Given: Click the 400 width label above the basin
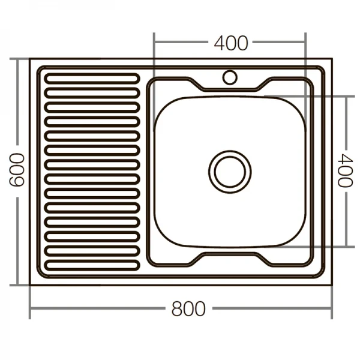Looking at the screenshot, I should [230, 43].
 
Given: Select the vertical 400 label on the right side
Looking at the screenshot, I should [344, 171].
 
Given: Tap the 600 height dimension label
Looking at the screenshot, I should [17, 170].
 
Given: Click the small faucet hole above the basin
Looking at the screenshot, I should [230, 77].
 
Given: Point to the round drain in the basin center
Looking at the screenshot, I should [230, 171].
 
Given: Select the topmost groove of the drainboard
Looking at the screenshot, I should [92, 78].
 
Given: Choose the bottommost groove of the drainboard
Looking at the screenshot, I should [92, 264].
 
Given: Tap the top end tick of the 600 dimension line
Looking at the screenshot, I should [18, 59].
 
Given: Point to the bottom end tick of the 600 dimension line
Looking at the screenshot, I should [18, 284].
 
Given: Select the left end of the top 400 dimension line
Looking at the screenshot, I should [154, 43].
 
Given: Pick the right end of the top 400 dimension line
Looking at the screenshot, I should [305, 43].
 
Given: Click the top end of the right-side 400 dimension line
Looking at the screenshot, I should [346, 96].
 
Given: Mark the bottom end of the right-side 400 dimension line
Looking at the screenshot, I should [346, 246].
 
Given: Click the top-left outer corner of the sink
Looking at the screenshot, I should [30, 59].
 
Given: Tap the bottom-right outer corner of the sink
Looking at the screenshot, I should [331, 284].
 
